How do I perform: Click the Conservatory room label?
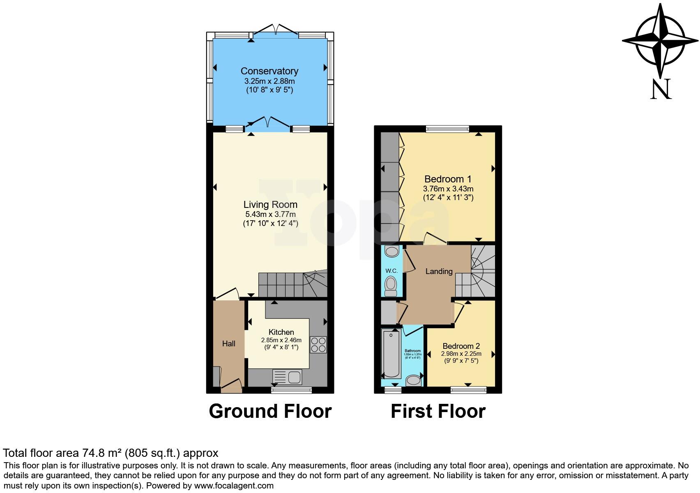(269, 71)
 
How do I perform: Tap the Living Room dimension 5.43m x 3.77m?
(270, 214)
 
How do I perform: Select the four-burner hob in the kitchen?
(318, 345)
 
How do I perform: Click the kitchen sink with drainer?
(287, 377)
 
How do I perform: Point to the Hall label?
(229, 343)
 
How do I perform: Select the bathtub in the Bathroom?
(392, 354)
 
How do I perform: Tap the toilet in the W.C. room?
(391, 284)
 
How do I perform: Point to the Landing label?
(439, 271)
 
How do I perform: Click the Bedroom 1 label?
(448, 179)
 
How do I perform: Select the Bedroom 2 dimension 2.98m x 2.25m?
(461, 354)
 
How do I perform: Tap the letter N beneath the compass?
(661, 89)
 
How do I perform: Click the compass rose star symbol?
(660, 41)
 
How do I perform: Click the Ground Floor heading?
(270, 411)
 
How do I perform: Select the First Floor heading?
(438, 411)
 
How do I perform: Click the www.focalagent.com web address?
(233, 486)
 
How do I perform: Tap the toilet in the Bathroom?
(413, 380)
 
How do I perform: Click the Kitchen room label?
(281, 332)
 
